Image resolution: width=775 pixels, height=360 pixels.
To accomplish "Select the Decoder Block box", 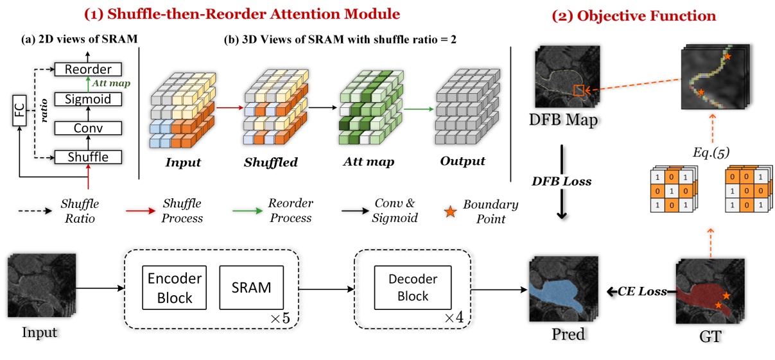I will click(413, 288).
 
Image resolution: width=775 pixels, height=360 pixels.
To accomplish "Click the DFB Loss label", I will click(562, 182).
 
